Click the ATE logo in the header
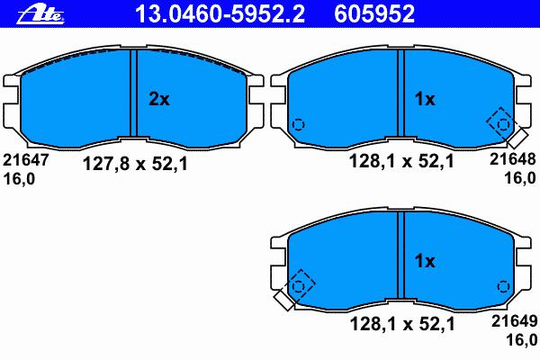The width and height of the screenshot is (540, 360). click(40, 14)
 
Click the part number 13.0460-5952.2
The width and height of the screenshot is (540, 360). click(220, 14)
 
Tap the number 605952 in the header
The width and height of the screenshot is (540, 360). click(374, 14)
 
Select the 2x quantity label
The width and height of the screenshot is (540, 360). click(159, 99)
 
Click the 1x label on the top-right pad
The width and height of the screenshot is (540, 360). click(425, 99)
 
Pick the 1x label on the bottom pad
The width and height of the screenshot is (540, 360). click(425, 261)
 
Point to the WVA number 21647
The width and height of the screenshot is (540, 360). click(26, 160)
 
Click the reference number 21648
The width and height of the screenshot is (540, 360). click(513, 159)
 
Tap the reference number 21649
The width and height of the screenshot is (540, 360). click(514, 321)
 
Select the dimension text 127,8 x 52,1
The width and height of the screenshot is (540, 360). click(135, 164)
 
